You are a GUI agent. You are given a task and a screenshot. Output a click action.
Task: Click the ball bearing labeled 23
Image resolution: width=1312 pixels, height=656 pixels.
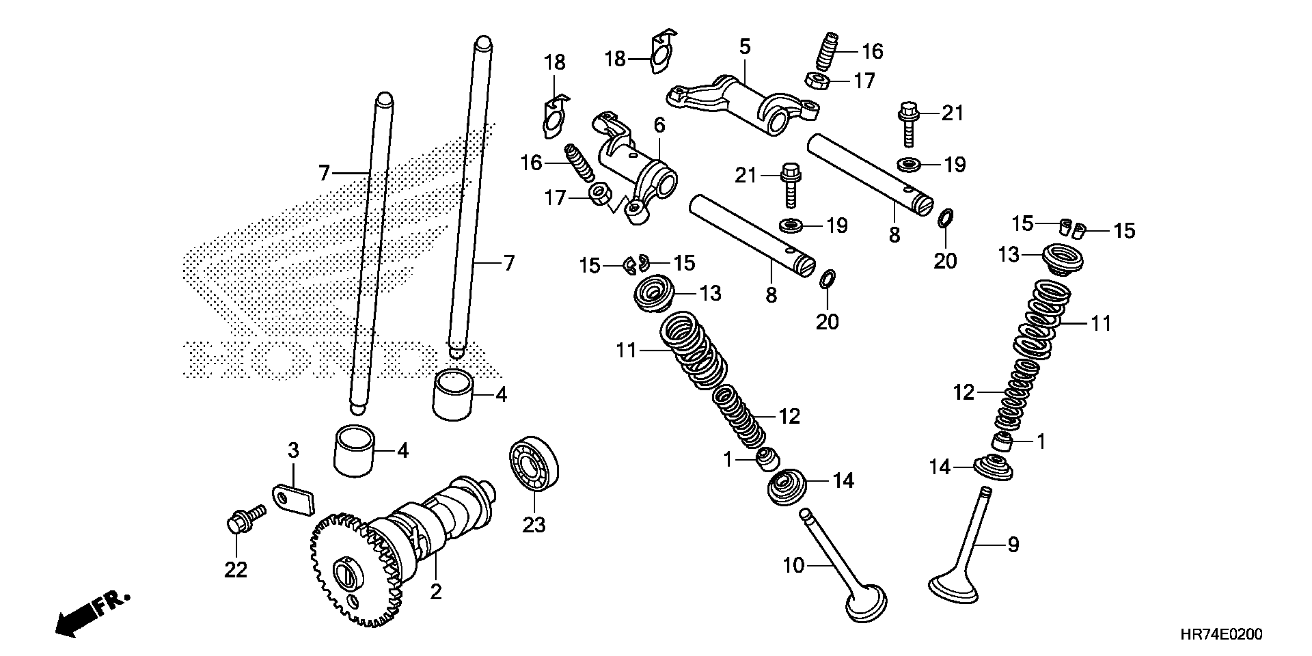pyautogui.click(x=534, y=463)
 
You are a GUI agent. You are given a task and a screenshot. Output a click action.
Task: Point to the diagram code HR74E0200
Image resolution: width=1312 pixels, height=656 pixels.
pyautogui.click(x=1221, y=635)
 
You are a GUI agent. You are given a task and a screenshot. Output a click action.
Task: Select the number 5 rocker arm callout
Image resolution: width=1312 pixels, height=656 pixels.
pyautogui.click(x=745, y=47)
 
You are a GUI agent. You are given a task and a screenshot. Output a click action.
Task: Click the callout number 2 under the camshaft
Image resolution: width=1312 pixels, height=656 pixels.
pyautogui.click(x=435, y=592)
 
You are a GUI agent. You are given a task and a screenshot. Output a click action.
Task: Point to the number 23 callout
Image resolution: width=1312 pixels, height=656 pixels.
pyautogui.click(x=534, y=524)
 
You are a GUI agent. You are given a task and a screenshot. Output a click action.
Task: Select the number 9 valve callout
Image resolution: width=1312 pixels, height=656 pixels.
pyautogui.click(x=1014, y=545)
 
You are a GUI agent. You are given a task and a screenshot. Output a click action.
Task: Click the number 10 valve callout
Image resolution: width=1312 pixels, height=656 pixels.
pyautogui.click(x=793, y=565)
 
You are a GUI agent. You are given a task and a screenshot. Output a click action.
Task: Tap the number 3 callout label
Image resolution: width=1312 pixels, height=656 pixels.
pyautogui.click(x=293, y=450)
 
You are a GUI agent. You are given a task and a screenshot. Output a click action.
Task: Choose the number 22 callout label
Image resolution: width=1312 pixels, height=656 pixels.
pyautogui.click(x=236, y=570)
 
